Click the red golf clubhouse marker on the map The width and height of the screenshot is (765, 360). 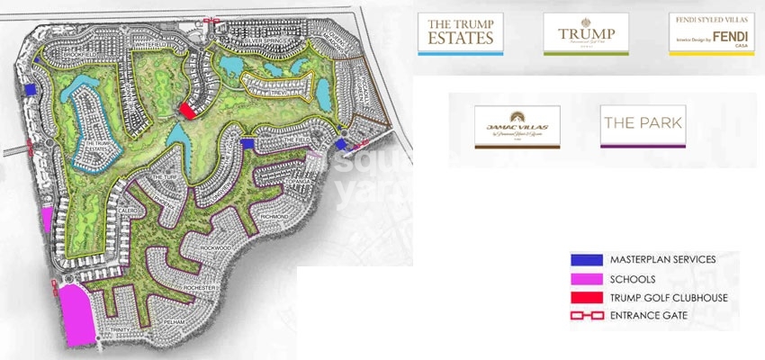click(187, 110)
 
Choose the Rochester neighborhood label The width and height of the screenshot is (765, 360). click(200, 286)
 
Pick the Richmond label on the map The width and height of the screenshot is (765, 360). click(272, 217)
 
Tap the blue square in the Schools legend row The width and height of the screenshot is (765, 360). click(584, 279)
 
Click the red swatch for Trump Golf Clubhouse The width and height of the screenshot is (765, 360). click(584, 297)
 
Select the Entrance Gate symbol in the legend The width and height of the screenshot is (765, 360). click(584, 315)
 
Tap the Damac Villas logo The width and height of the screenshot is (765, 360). click(517, 125)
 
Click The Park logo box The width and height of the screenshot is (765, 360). click(643, 124)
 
